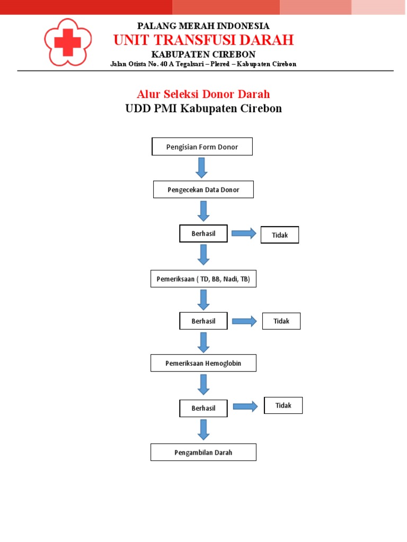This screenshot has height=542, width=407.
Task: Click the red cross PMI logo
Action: tap(67, 42)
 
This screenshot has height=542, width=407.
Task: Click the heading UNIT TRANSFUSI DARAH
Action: tap(203, 40)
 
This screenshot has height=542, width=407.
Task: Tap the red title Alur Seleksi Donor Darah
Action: tap(203, 94)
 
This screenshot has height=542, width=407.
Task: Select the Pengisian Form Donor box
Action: tap(202, 147)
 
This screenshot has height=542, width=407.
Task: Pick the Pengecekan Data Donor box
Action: tap(203, 189)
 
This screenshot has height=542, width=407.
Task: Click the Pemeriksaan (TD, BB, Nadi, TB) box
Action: tap(203, 278)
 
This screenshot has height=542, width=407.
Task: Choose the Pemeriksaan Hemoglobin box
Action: tap(203, 363)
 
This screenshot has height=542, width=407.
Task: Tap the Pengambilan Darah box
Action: tap(203, 453)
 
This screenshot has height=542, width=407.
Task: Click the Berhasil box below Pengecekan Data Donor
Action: tap(203, 233)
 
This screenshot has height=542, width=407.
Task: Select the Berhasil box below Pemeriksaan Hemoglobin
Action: tap(203, 408)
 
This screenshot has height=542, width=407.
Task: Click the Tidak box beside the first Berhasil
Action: tap(280, 235)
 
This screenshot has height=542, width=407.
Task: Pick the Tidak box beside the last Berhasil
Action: tap(284, 405)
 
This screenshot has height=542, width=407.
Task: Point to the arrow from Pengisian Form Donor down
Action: tap(202, 167)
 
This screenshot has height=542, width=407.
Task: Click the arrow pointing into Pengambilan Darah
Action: tap(203, 429)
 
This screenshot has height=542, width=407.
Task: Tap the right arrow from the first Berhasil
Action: tap(244, 234)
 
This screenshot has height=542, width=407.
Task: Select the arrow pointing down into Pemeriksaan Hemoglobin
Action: tap(203, 342)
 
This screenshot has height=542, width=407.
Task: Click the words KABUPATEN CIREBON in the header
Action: tap(203, 55)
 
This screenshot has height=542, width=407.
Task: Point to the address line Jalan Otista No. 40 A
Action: tap(203, 64)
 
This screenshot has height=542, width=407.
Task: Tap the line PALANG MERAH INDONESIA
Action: tap(203, 26)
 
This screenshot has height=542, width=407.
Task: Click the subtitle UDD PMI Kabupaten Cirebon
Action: tap(203, 109)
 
